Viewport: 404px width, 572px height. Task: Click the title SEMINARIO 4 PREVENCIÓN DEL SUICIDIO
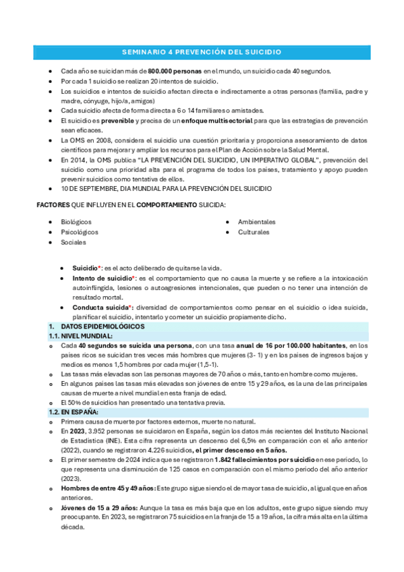[202, 52]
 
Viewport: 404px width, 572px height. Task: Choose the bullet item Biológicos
[76, 222]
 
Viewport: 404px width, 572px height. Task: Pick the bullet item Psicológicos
[79, 232]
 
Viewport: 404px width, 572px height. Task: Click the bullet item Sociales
[74, 241]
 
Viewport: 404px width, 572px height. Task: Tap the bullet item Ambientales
[256, 222]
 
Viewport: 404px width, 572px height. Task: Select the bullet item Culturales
[254, 232]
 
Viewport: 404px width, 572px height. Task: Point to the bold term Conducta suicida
[100, 308]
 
